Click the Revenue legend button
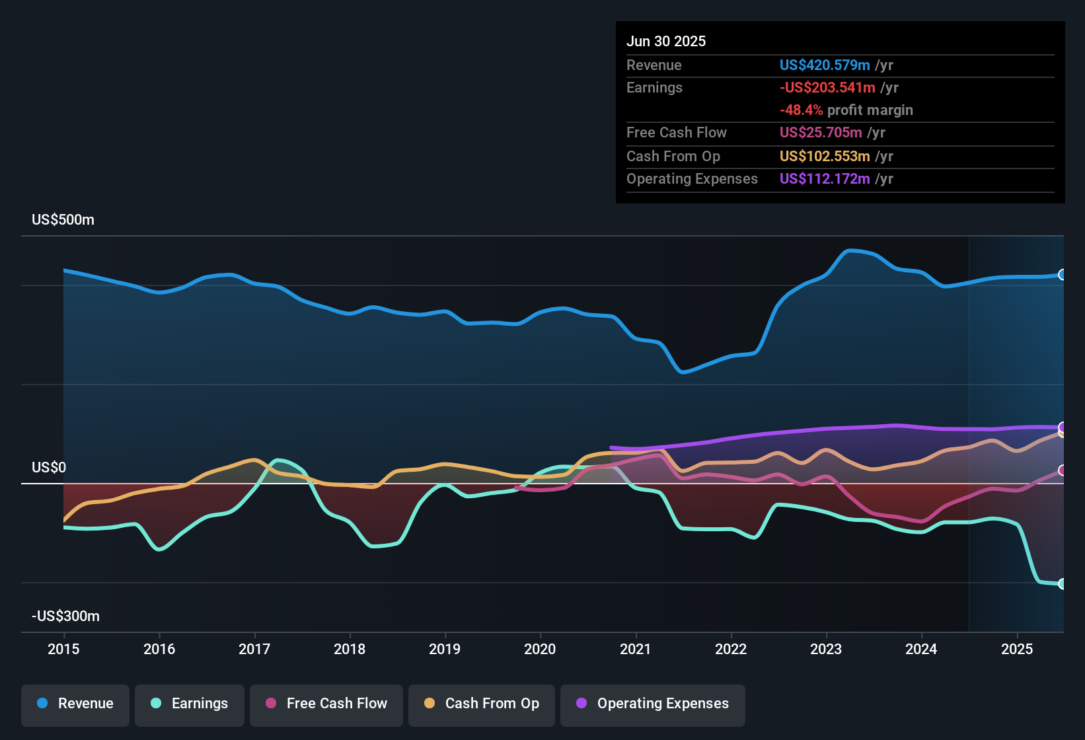(75, 704)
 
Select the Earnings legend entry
(190, 704)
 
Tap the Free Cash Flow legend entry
(326, 704)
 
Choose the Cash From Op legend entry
(482, 704)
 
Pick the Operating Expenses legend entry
(653, 704)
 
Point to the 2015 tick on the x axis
(63, 649)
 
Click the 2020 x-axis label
(540, 649)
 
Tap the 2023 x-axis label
(826, 649)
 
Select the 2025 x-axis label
(1017, 649)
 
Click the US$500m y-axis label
(63, 220)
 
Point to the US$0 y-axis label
(49, 468)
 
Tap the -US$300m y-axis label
(65, 616)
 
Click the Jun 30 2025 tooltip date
(666, 42)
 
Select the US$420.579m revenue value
(824, 65)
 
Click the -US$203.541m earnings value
(827, 88)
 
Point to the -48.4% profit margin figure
(801, 110)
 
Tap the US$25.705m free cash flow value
(821, 133)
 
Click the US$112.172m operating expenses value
(824, 179)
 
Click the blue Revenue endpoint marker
(1062, 275)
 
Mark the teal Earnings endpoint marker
(1062, 584)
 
